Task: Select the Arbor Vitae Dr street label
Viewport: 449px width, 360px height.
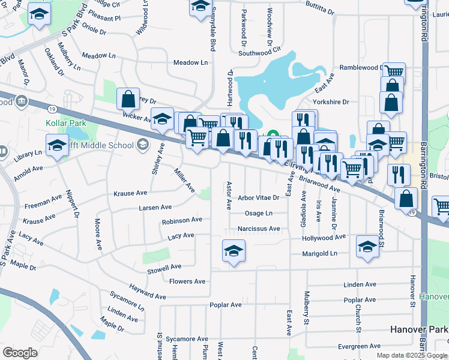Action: [x=259, y=197]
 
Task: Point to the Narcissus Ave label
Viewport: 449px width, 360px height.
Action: [x=259, y=229]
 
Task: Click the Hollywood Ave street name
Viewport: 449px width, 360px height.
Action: [x=324, y=238]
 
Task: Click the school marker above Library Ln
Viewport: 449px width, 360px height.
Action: [x=58, y=146]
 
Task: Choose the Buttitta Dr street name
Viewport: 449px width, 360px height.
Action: [x=319, y=11]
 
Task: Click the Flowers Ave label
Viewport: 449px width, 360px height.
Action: [x=187, y=281]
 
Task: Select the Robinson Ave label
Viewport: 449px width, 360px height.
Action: [x=182, y=221]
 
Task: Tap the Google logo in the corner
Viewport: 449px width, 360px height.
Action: [x=20, y=353]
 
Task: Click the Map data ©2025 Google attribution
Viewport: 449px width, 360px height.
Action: [x=411, y=355]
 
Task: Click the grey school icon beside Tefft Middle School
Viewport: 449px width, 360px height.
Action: [x=143, y=144]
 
